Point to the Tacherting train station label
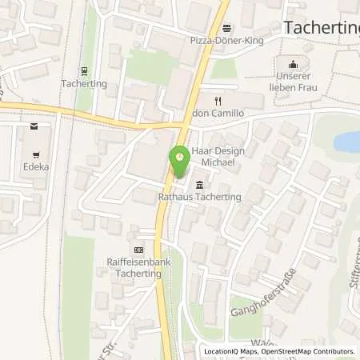[x=84, y=82]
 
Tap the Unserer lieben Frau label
[x=292, y=82]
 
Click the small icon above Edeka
[x=34, y=126]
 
